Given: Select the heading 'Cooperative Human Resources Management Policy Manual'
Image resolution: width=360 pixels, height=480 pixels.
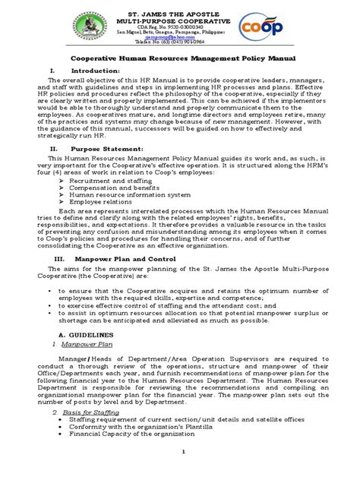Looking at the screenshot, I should pos(179,57).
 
